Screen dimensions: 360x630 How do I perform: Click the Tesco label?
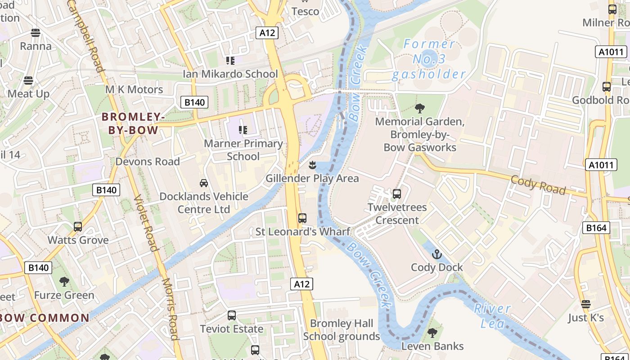tap(306, 11)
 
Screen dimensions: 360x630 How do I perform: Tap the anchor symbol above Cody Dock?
tap(437, 255)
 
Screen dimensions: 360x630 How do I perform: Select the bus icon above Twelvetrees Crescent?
tap(397, 194)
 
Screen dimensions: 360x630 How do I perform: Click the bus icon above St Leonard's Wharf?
tap(302, 218)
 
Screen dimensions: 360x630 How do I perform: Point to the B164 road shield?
tap(596, 228)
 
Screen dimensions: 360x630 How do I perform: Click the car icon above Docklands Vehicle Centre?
tap(204, 183)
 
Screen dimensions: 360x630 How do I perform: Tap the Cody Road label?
tap(538, 185)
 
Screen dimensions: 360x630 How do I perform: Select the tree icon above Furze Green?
tap(64, 282)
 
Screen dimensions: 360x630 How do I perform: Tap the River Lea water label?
tap(492, 315)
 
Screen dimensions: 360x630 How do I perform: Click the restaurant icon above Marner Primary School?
tap(243, 130)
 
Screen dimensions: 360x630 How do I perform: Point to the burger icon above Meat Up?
tap(28, 81)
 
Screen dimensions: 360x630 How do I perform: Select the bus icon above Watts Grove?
tap(78, 226)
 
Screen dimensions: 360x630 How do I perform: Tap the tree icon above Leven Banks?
tap(432, 333)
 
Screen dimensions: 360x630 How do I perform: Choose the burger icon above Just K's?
tap(585, 304)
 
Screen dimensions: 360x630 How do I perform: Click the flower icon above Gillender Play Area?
tap(312, 165)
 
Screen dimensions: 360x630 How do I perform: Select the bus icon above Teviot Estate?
tap(232, 315)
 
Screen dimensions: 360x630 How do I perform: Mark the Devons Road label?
tap(148, 161)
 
